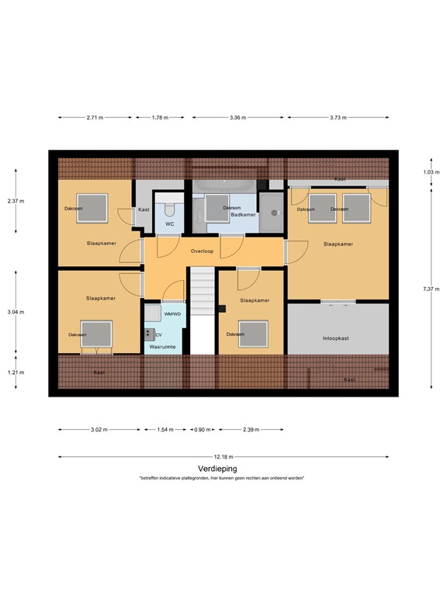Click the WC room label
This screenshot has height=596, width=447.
[x=170, y=225]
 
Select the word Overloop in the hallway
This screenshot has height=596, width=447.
[x=203, y=251]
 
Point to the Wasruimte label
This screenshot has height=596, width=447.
[x=165, y=347]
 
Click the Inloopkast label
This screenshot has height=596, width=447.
[x=337, y=338]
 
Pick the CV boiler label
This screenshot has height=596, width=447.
[x=158, y=334]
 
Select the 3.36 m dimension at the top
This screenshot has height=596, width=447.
[x=237, y=118]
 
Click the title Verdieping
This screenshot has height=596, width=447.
[x=217, y=469]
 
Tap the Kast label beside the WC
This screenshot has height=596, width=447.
[x=144, y=210]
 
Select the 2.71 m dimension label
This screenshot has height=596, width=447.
[x=94, y=118]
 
